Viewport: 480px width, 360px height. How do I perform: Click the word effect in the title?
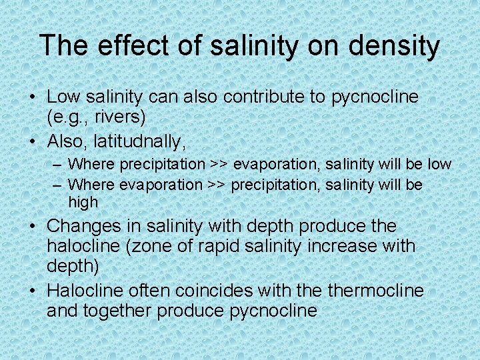[121, 46]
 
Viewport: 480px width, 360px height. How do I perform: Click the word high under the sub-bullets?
[83, 202]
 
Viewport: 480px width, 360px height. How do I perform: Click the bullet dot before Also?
[33, 141]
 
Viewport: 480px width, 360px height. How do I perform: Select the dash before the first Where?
[59, 164]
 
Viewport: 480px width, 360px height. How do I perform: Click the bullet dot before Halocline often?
[33, 291]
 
